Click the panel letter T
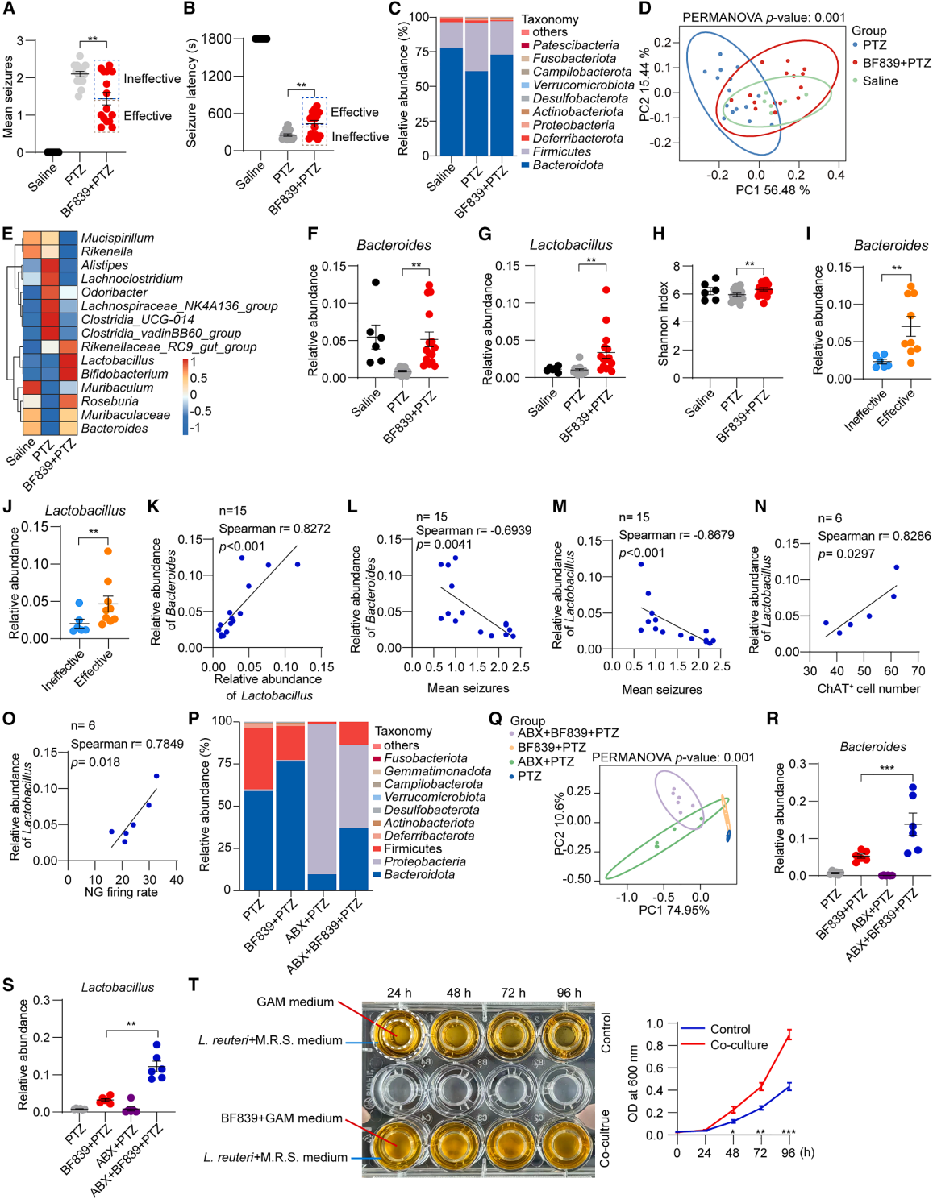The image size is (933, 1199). pyautogui.click(x=194, y=985)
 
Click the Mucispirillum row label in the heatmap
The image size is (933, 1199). pyautogui.click(x=117, y=238)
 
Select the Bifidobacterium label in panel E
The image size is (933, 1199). pyautogui.click(x=124, y=374)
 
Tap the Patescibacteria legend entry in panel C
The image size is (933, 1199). pyautogui.click(x=575, y=45)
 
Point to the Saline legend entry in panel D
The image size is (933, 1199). pyautogui.click(x=880, y=81)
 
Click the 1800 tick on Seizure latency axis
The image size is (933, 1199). pyautogui.click(x=216, y=39)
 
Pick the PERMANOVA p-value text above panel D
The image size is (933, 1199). pyautogui.click(x=764, y=17)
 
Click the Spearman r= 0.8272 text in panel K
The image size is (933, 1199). pyautogui.click(x=274, y=529)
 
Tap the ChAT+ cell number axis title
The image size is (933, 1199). pyautogui.click(x=868, y=688)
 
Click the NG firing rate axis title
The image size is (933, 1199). pyautogui.click(x=121, y=892)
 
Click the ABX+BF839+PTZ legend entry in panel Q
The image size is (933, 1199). pyautogui.click(x=568, y=732)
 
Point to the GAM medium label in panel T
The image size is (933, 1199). pyautogui.click(x=295, y=1002)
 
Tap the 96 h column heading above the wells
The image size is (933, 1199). pyautogui.click(x=569, y=993)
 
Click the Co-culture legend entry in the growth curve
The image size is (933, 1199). pyautogui.click(x=739, y=1045)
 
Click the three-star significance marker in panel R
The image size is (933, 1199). pyautogui.click(x=886, y=768)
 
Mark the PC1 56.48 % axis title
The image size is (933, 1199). pyautogui.click(x=772, y=190)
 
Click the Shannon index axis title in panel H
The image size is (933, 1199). pyautogui.click(x=664, y=323)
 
